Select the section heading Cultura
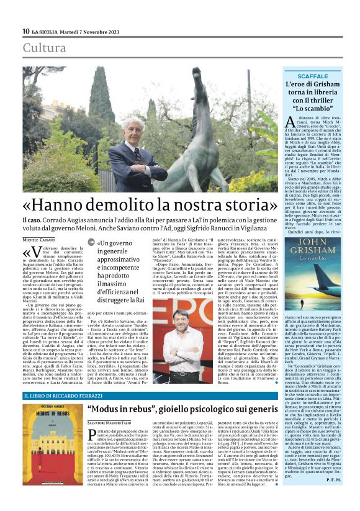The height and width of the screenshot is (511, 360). pos(44,48)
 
